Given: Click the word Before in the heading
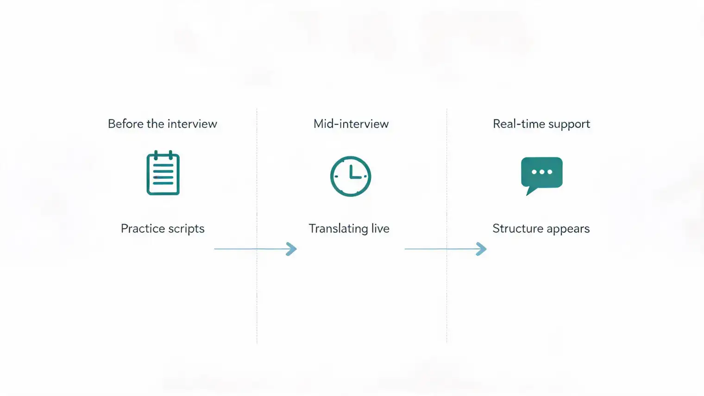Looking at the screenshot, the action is point(126,124).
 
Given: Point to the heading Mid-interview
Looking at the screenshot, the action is point(351,124).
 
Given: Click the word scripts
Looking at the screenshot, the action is point(186,229).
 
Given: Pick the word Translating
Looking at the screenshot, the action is point(338,229).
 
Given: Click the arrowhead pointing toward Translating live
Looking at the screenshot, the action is point(292,249).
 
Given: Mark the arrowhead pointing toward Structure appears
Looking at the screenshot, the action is point(482,249).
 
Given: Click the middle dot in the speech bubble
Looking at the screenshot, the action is point(542,172).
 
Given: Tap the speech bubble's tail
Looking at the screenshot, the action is point(531,190).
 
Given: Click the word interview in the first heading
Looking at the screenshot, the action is point(192,124).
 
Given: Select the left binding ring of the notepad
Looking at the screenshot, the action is point(156,155).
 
